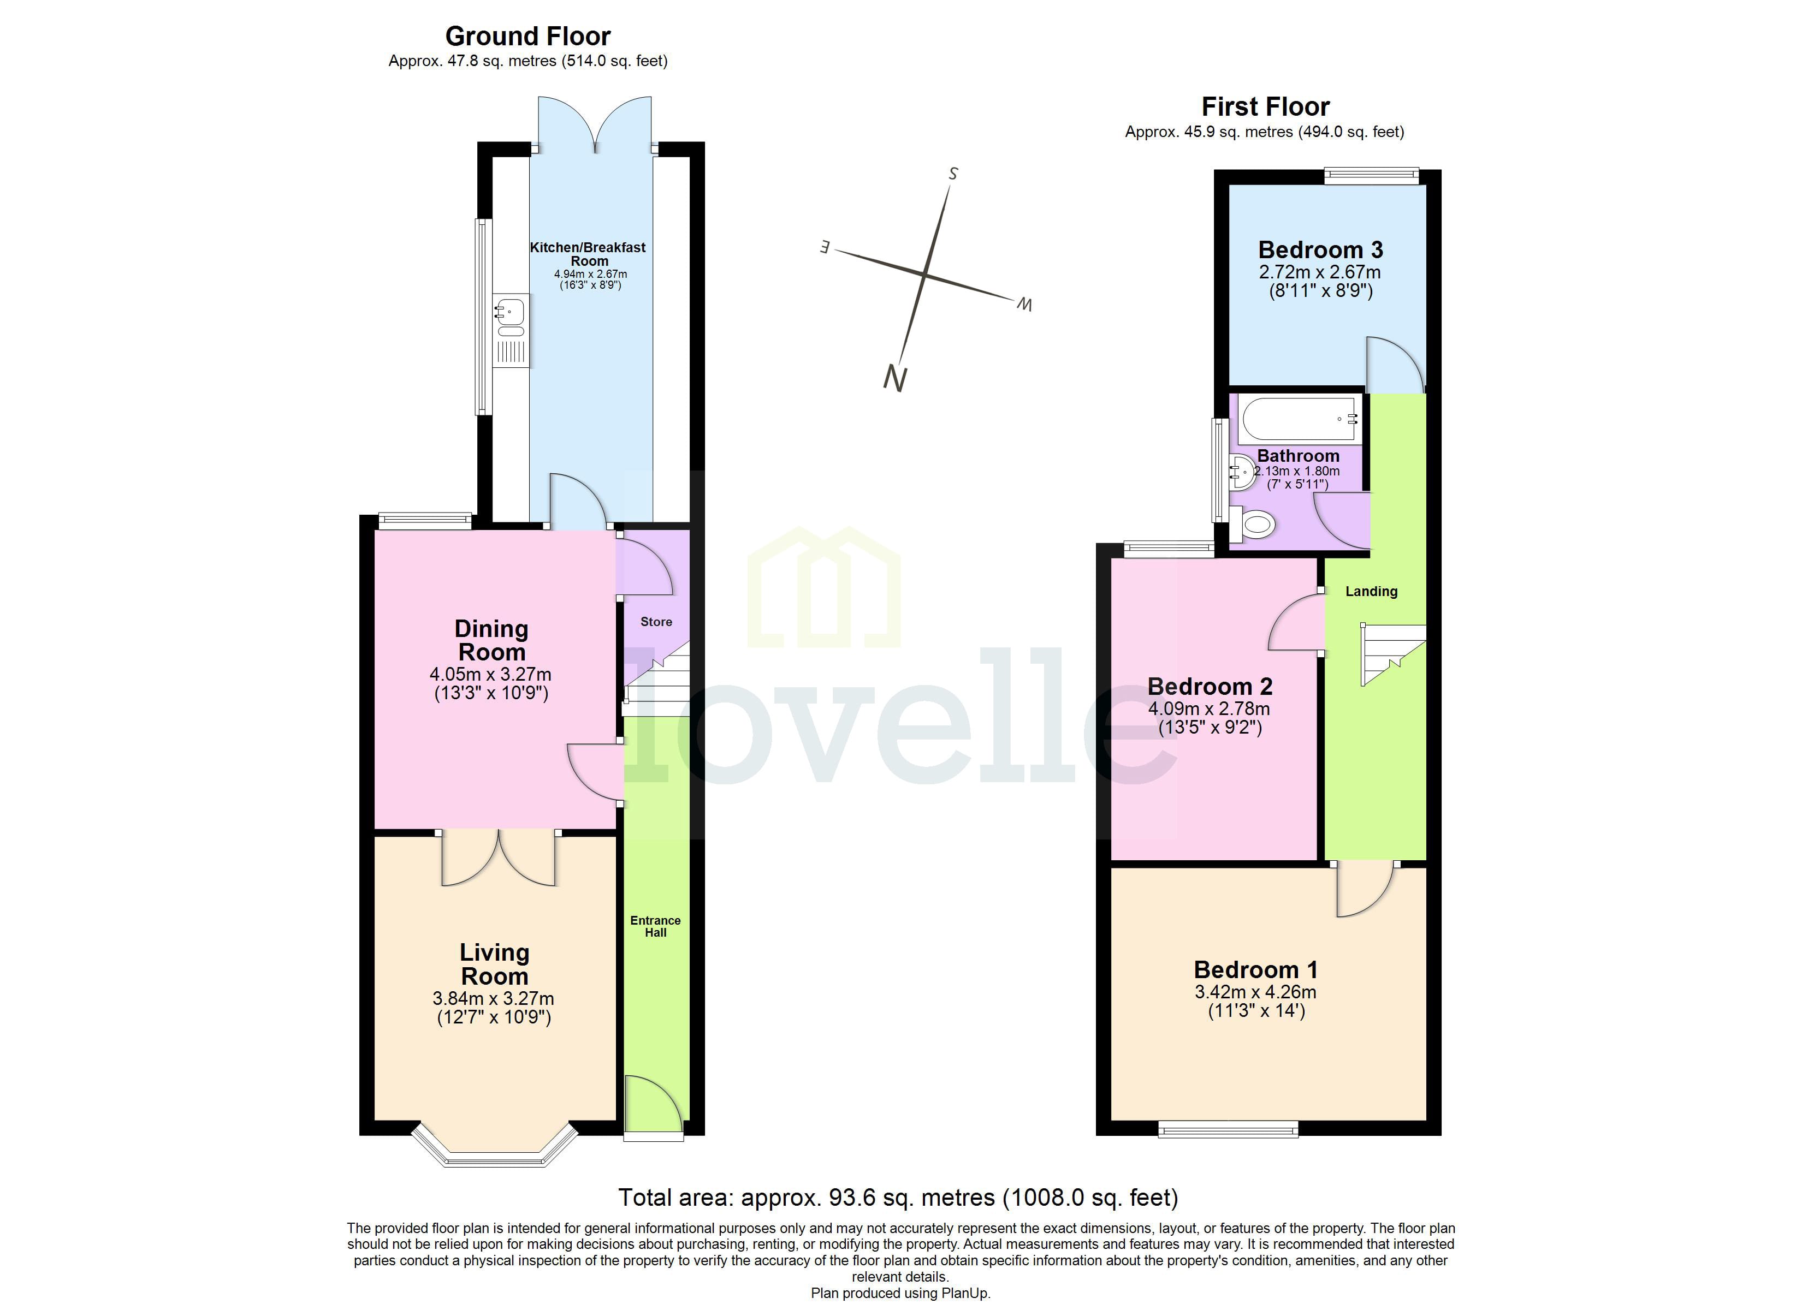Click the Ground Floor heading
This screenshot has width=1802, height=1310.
click(527, 37)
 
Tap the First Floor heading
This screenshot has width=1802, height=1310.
click(1265, 106)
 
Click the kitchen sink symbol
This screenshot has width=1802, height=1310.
click(510, 312)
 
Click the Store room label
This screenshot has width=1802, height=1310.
click(656, 622)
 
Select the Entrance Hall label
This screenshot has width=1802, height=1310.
click(655, 926)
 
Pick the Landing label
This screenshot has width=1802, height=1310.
click(1371, 591)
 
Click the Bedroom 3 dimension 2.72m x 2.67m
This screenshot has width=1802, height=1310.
click(1320, 272)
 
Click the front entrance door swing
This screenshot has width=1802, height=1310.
click(651, 1104)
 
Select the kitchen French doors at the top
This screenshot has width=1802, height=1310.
click(594, 123)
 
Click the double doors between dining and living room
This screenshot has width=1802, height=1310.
click(499, 858)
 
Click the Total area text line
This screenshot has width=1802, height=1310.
click(898, 1197)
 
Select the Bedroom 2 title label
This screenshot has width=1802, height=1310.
click(1210, 686)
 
